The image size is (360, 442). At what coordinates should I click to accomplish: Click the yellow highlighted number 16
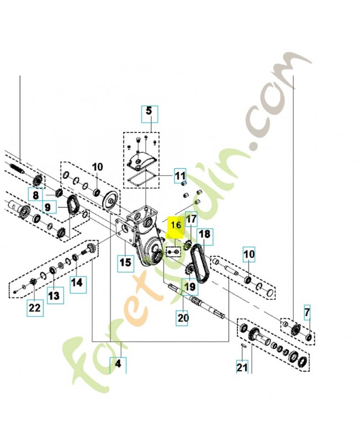pos(176,225)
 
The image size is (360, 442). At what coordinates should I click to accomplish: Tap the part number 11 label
pos(181,176)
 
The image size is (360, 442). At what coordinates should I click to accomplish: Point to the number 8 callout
pos(35,195)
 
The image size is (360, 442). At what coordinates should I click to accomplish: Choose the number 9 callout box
pos(47,208)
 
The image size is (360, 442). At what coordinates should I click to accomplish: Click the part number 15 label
pos(126,262)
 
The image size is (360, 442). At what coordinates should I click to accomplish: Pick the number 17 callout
pos(191,220)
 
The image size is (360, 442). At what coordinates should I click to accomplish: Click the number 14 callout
pos(78,282)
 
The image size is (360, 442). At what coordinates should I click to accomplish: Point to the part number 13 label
pos(53,295)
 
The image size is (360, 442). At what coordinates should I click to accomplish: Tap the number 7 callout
pos(307,312)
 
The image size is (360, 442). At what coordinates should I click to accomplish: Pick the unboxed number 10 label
pos(97,166)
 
